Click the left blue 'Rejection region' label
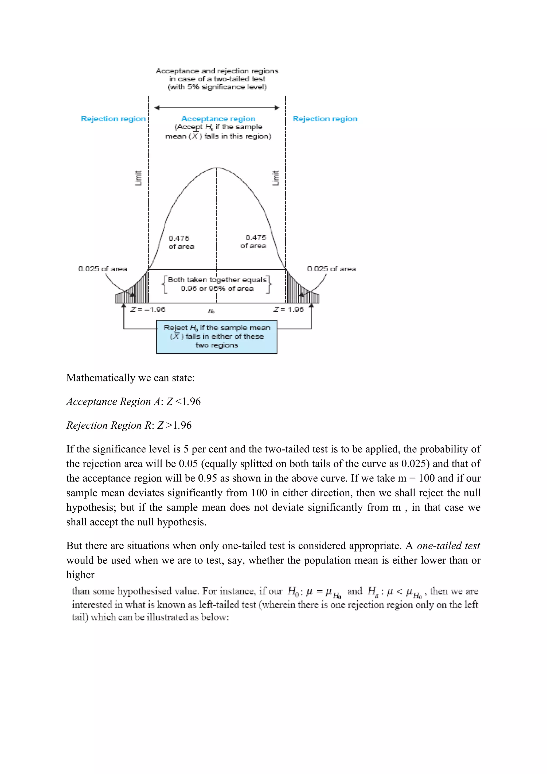pyautogui.click(x=113, y=119)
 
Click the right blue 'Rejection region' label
pyautogui.click(x=325, y=119)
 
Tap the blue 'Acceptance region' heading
pyautogui.click(x=218, y=119)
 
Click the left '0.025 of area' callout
pyautogui.click(x=103, y=269)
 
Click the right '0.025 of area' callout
pyautogui.click(x=331, y=269)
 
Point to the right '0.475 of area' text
pyautogui.click(x=253, y=242)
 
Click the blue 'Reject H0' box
pyautogui.click(x=216, y=337)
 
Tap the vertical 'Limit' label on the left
pyautogui.click(x=138, y=178)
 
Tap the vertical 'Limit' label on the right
pyautogui.click(x=276, y=178)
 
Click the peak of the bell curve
pyautogui.click(x=216, y=167)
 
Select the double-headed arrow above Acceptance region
pyautogui.click(x=217, y=108)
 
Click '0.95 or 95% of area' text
pyautogui.click(x=217, y=288)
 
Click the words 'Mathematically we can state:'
pyautogui.click(x=130, y=378)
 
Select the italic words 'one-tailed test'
pyautogui.click(x=448, y=546)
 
